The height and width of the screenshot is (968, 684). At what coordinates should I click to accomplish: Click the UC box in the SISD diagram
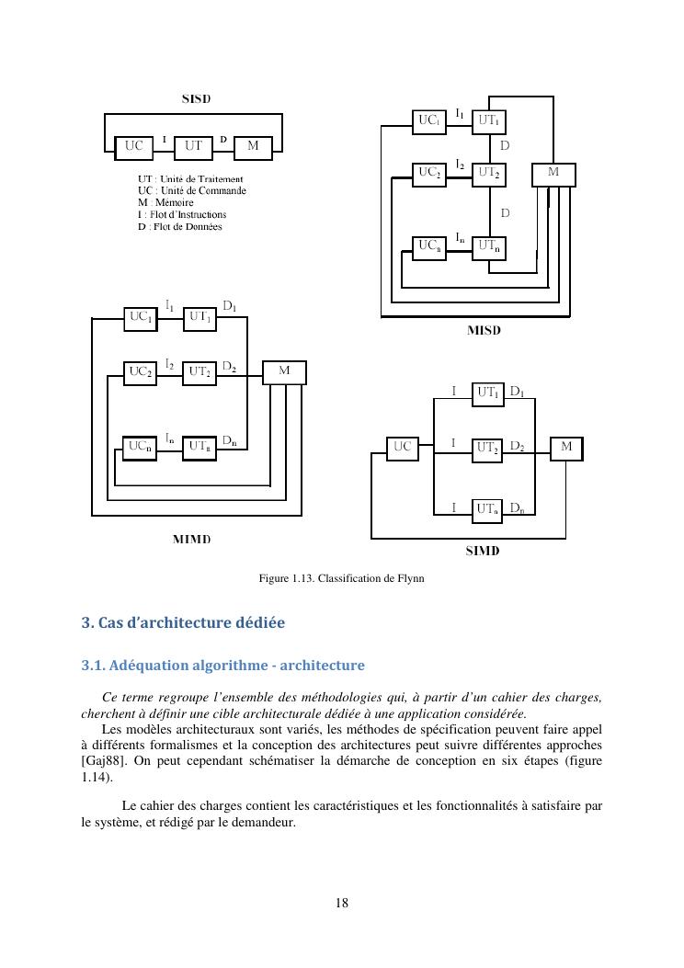[x=133, y=146]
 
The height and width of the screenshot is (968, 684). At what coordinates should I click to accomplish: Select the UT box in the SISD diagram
[x=194, y=146]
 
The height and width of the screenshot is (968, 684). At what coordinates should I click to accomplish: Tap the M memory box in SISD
[x=253, y=146]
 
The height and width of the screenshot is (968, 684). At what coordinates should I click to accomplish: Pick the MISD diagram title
[x=484, y=331]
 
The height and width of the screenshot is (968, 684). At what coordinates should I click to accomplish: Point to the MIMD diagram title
[x=192, y=539]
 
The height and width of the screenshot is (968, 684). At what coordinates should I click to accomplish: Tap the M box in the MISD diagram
[x=553, y=173]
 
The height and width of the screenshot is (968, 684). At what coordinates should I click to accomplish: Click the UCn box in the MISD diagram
[x=429, y=246]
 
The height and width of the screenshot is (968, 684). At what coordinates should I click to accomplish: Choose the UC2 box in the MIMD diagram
[x=141, y=372]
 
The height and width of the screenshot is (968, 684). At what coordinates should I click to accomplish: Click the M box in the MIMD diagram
[x=284, y=371]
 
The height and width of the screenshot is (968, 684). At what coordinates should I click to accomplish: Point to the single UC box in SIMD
[x=402, y=448]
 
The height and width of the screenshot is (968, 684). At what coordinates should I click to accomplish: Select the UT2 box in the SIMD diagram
[x=488, y=448]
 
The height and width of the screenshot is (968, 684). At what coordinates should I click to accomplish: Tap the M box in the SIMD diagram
[x=566, y=448]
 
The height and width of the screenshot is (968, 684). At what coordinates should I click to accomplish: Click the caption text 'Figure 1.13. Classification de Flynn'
[x=341, y=578]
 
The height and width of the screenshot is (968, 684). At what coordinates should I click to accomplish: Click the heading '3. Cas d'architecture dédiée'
[x=183, y=622]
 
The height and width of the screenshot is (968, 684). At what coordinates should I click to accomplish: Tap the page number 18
[x=342, y=904]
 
